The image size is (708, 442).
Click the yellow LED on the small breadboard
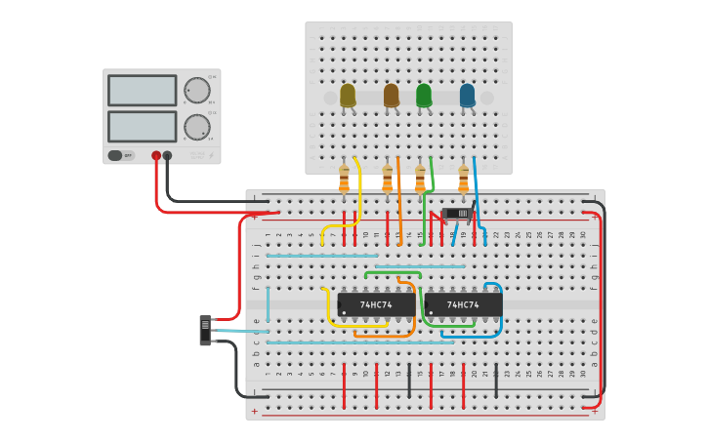(348, 95)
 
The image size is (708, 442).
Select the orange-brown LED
(391, 95)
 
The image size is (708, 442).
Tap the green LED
(423, 95)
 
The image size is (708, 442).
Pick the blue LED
(467, 95)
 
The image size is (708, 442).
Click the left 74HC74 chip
(376, 304)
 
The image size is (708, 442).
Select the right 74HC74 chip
(463, 304)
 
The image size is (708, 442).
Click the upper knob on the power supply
(197, 91)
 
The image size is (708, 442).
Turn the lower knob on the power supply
(197, 127)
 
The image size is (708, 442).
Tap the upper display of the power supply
(142, 91)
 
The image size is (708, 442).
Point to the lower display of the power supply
(142, 126)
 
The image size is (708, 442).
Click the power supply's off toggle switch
(116, 155)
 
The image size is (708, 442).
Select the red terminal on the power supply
(156, 155)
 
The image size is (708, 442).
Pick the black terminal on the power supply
(167, 155)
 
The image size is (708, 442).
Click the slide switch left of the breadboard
(205, 330)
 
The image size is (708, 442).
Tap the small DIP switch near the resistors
(456, 213)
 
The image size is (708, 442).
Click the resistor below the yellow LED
(344, 180)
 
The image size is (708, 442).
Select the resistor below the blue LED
(463, 180)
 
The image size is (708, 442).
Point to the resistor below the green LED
(420, 180)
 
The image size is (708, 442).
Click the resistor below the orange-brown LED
(387, 180)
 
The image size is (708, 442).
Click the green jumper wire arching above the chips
(393, 272)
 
